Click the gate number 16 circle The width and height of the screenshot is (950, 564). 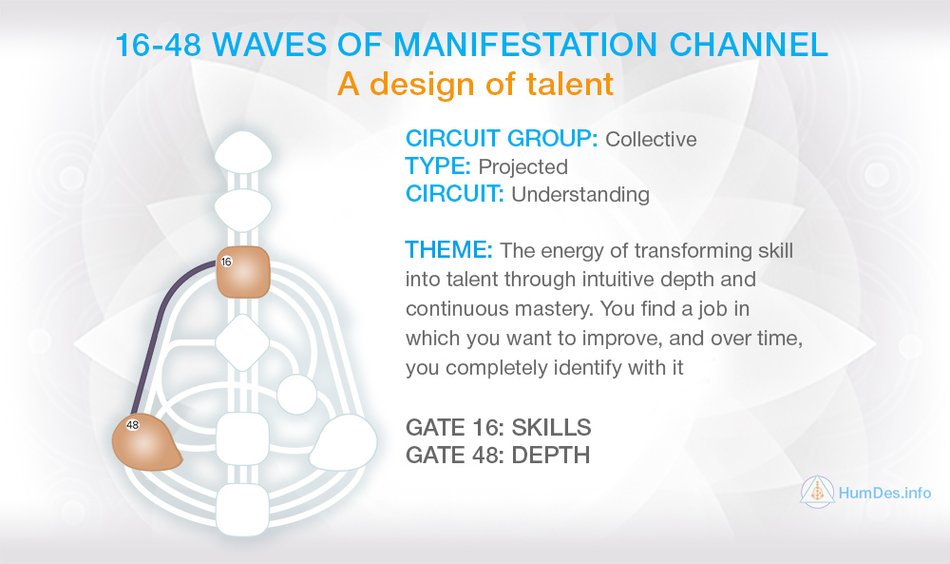click(x=227, y=262)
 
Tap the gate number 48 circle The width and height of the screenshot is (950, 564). click(x=133, y=425)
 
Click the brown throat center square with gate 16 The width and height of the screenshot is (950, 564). click(x=243, y=272)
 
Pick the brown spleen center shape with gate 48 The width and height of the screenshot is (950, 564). click(x=145, y=442)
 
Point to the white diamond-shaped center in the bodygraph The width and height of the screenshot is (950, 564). click(x=242, y=342)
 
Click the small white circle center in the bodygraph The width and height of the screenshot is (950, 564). click(x=296, y=395)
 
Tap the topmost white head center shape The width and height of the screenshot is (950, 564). click(x=243, y=151)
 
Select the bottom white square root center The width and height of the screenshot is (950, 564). click(x=242, y=510)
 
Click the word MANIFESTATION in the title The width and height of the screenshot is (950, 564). click(x=526, y=45)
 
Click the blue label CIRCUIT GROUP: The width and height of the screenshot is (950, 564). click(x=502, y=138)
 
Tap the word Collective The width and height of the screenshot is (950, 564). click(x=652, y=139)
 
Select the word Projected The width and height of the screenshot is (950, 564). click(x=522, y=166)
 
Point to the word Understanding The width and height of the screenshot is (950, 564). click(x=580, y=194)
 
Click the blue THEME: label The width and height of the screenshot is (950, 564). click(x=449, y=249)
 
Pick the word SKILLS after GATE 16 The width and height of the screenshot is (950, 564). click(x=551, y=428)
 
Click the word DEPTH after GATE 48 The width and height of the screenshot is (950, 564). click(x=551, y=455)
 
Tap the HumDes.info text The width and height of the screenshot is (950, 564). click(x=884, y=493)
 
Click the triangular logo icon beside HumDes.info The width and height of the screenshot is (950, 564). click(x=817, y=492)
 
